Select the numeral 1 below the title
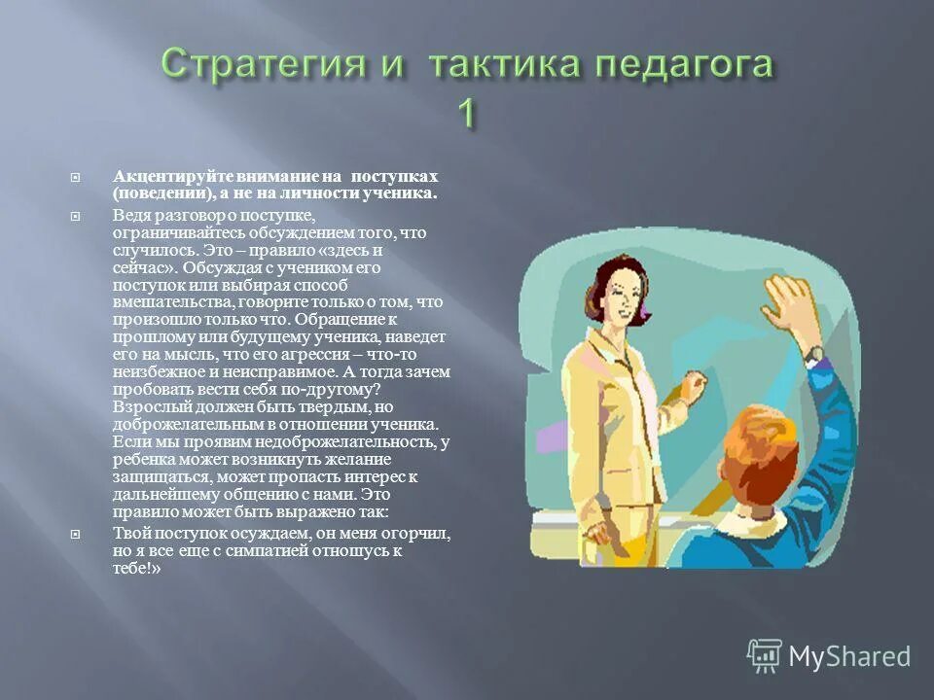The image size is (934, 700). coord(467,115)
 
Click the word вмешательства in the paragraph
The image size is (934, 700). coord(162,303)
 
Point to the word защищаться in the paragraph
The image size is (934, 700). coord(162,477)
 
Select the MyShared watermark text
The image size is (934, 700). coord(849,656)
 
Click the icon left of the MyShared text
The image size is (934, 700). coord(765,656)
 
